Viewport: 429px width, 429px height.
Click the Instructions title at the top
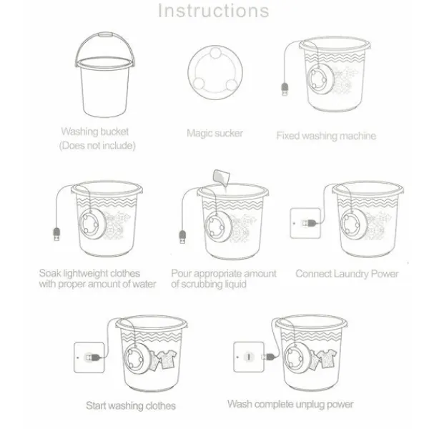point(214,11)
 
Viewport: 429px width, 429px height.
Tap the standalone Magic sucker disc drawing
point(215,72)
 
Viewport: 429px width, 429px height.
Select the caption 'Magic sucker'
point(214,133)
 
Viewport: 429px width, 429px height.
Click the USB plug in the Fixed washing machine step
point(285,89)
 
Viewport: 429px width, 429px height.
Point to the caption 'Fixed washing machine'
point(326,136)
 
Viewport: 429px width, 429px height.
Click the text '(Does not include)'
point(97,146)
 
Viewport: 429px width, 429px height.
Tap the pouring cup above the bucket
point(221,177)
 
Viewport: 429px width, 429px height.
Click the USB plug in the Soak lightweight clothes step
point(56,235)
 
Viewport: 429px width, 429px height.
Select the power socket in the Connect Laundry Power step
point(305,223)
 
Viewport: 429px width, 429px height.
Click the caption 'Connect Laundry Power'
point(347,274)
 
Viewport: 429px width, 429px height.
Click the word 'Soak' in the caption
point(50,273)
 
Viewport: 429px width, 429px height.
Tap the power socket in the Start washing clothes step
point(89,357)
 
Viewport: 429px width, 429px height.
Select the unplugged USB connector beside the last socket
point(268,357)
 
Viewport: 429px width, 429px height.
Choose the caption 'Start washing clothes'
point(131,405)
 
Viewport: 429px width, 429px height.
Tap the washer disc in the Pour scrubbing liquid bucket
point(218,227)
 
